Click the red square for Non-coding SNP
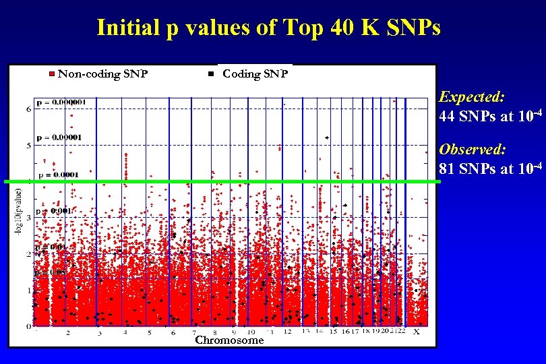(x=52, y=73)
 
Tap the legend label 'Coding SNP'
(x=255, y=73)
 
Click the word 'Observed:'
(x=473, y=149)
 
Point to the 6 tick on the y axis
(x=28, y=109)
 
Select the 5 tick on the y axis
(x=28, y=145)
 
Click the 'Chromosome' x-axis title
(x=229, y=340)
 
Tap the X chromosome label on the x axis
(x=416, y=332)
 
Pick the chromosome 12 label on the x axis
(x=287, y=332)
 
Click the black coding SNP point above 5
(x=327, y=138)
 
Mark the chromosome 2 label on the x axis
(x=67, y=332)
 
